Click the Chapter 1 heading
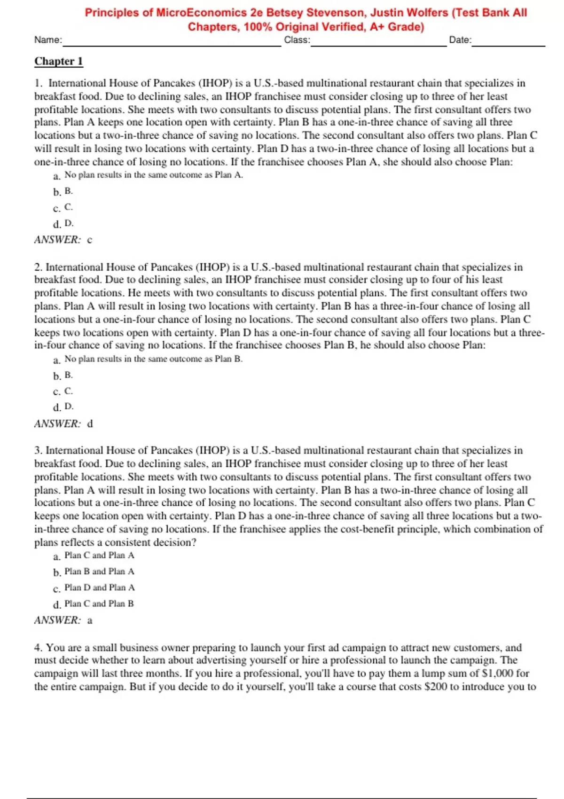click(58, 61)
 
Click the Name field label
click(48, 40)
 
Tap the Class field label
click(297, 40)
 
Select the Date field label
click(460, 40)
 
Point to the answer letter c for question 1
click(90, 240)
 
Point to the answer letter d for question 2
click(90, 423)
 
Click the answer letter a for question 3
click(90, 620)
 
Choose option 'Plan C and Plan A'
click(99, 556)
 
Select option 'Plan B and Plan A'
click(99, 572)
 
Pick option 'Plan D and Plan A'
click(99, 587)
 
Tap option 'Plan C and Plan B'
click(99, 603)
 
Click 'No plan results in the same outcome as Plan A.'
click(154, 175)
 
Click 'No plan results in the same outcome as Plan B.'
click(154, 359)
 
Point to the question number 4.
click(38, 648)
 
